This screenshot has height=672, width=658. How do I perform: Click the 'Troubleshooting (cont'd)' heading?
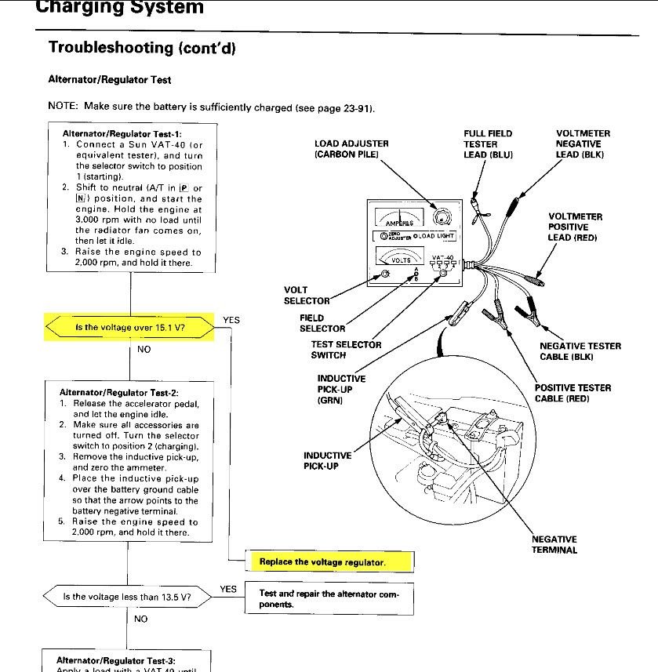coord(142,47)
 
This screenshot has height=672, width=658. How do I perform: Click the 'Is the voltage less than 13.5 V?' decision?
coord(126,597)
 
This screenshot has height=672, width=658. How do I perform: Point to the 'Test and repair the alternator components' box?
coord(329,599)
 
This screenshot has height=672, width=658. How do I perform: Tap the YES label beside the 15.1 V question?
coord(231,320)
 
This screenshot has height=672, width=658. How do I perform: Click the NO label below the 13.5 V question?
coord(141,619)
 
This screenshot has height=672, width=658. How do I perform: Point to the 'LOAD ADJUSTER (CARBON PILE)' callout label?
coord(351,149)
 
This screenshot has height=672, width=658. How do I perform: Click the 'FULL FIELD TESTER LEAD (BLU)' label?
coord(488,144)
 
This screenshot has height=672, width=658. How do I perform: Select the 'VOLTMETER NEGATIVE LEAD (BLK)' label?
coord(583,144)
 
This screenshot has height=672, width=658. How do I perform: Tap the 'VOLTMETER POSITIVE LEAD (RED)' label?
coord(575,227)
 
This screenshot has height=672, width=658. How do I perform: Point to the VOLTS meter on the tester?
coord(401,256)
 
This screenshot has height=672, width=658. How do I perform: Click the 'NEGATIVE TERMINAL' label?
coord(554,544)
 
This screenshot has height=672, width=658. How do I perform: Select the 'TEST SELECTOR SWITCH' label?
coord(346,350)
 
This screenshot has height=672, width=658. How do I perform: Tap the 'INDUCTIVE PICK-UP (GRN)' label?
coord(341,390)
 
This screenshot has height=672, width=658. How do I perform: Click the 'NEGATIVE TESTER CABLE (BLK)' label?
coord(580,351)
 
